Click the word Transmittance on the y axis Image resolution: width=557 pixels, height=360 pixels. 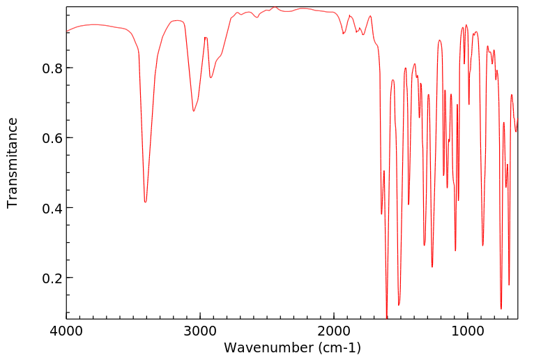13,163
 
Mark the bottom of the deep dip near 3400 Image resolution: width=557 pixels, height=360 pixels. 145,202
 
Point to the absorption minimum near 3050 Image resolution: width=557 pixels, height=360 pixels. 194,111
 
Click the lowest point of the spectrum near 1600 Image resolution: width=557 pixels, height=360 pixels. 387,317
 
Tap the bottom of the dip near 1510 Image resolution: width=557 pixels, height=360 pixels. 399,305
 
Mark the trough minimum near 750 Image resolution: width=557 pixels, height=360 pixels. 501,308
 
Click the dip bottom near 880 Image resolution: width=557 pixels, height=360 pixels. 482,246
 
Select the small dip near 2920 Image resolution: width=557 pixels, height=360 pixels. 211,77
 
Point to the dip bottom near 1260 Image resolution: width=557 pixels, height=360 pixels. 432,267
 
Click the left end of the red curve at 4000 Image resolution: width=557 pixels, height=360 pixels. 67,31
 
